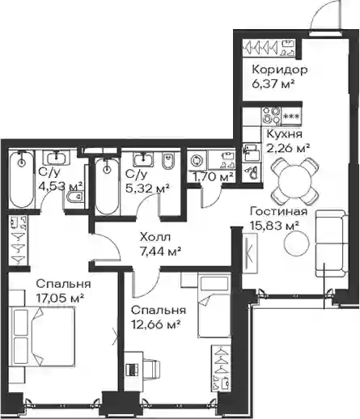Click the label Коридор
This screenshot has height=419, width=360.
click(x=280, y=70)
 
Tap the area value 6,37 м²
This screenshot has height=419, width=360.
click(x=273, y=84)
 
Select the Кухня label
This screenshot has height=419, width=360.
click(x=285, y=133)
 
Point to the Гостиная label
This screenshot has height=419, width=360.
click(x=279, y=211)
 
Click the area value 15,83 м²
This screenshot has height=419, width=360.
click(x=274, y=226)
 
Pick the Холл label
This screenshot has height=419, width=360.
click(x=155, y=237)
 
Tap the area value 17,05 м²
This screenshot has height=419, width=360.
click(x=60, y=298)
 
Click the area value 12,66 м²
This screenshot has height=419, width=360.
click(x=156, y=324)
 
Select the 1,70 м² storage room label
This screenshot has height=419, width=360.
click(x=213, y=177)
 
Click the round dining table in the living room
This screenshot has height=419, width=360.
click(x=294, y=181)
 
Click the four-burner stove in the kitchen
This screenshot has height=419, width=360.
click(x=271, y=116)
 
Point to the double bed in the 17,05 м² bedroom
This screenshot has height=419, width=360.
click(x=41, y=336)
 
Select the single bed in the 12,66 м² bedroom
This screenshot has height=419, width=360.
click(x=214, y=305)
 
